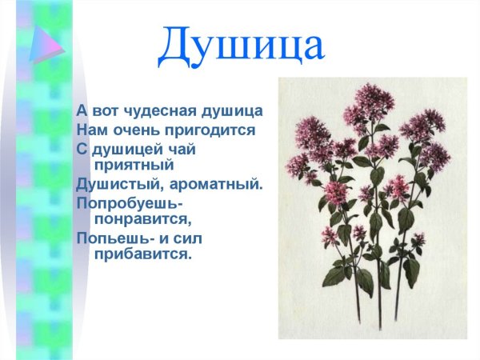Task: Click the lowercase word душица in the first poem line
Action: (232, 110)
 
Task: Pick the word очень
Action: (131, 129)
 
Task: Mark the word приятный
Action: (134, 165)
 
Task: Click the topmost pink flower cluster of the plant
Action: (374, 100)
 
